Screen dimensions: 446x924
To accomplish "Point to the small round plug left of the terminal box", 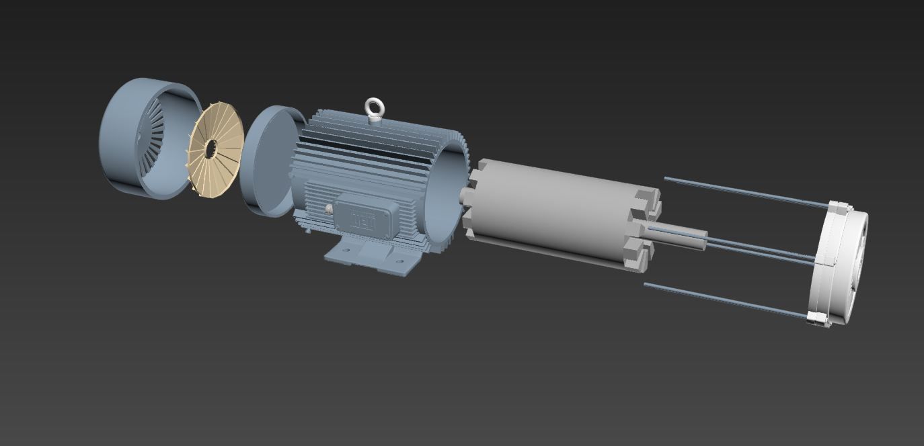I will tap(328, 209).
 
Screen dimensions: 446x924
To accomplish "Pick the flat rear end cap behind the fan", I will tap(266, 161).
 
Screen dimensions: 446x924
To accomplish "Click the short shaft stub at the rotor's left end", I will tap(465, 195).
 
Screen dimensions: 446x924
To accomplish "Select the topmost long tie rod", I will tap(740, 191).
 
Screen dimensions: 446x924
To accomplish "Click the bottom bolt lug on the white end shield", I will tap(817, 318).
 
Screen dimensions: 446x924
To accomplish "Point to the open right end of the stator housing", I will tap(451, 195).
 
